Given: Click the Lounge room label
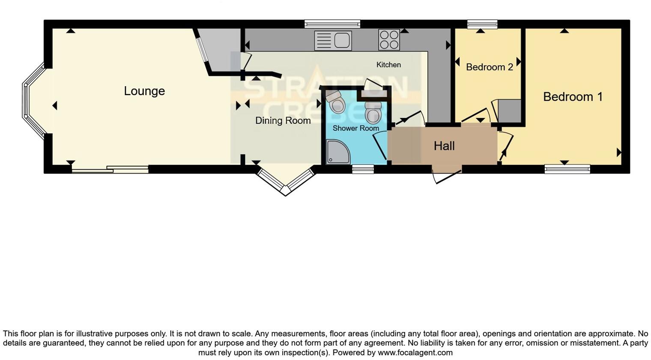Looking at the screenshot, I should click(144, 91).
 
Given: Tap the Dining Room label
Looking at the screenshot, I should click(283, 121).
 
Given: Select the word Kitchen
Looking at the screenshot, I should click(388, 65).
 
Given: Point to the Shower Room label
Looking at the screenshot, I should click(355, 128).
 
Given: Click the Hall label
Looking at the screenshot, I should click(444, 146).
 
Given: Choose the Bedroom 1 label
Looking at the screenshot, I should click(573, 97).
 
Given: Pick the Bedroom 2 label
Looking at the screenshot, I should click(489, 67).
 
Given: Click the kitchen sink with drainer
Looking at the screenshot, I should click(333, 40).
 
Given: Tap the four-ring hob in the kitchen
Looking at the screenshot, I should click(389, 40).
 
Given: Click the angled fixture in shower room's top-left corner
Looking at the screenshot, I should click(335, 101).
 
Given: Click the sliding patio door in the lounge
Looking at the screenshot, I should click(110, 169).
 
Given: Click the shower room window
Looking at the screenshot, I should click(363, 170).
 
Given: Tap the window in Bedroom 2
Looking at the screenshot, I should click(482, 24).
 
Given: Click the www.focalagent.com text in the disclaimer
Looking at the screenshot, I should click(415, 353).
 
